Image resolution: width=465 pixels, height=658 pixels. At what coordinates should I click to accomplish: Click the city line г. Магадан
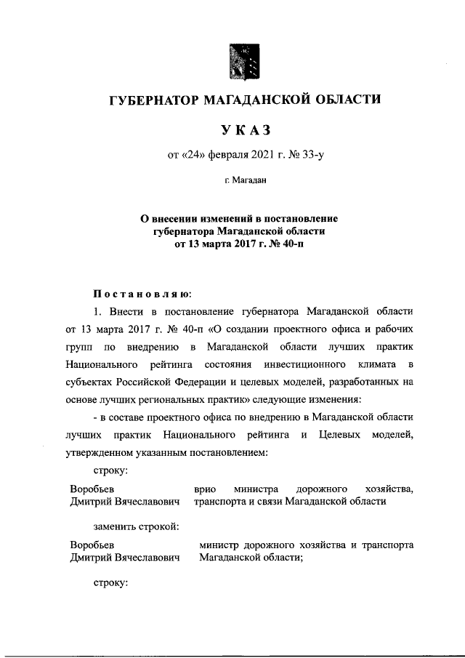[243, 182]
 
